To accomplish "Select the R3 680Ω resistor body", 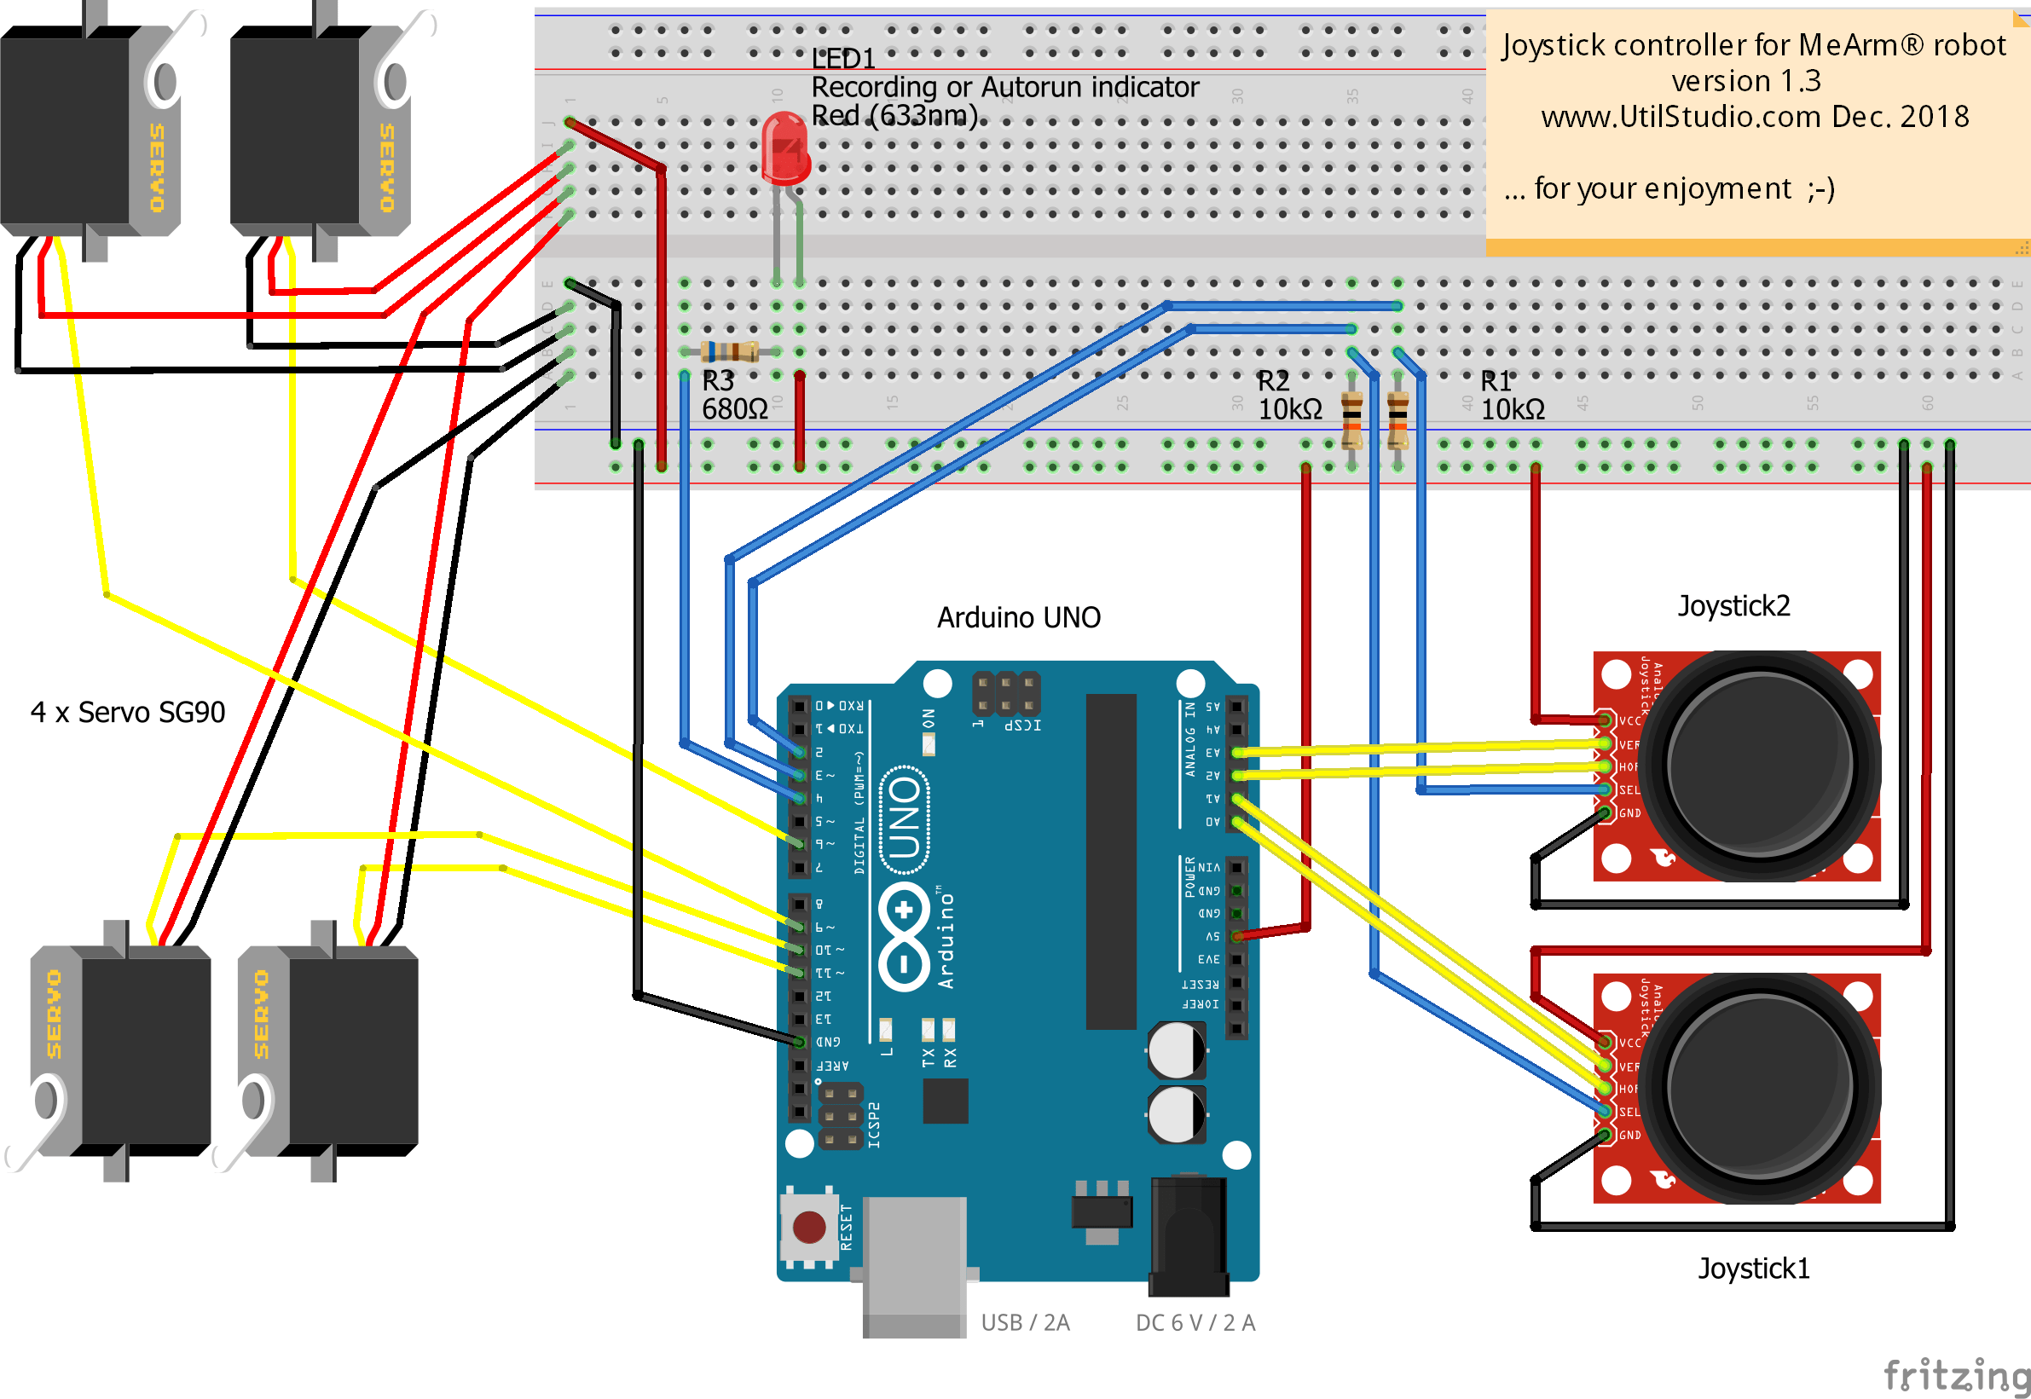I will coord(730,351).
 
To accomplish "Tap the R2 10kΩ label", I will coord(1288,396).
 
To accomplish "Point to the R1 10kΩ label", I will coord(1511,396).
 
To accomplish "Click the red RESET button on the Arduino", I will coord(808,1227).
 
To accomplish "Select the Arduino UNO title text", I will coord(1019,618).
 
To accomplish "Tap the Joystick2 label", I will coord(1733,605).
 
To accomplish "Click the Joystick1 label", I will coord(1753,1269).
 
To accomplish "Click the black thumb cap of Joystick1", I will coord(1760,1087).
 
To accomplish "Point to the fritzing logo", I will coord(1956,1374).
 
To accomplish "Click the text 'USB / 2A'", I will coord(1025,1323).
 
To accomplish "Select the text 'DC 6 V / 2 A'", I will coord(1195,1323).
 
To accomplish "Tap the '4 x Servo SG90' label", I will coord(128,713).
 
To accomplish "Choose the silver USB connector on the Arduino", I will coord(914,1263).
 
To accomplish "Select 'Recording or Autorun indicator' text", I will coord(1004,87).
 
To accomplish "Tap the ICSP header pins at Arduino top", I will coord(1005,693).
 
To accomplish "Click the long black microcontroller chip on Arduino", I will coord(1111,861).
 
